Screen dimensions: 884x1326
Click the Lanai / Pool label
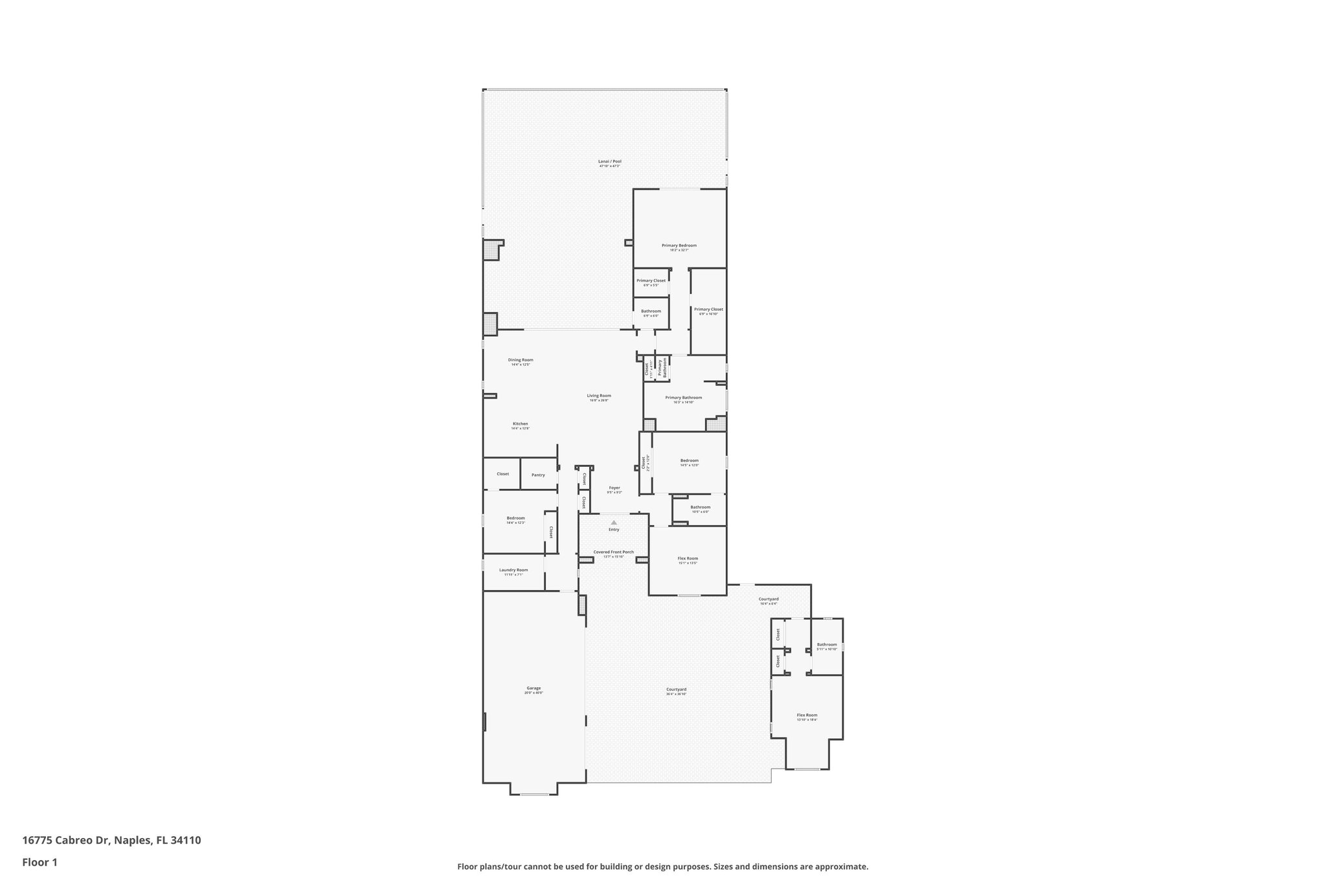tap(609, 161)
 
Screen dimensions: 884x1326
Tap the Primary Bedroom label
tap(679, 245)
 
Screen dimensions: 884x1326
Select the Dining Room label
tap(520, 360)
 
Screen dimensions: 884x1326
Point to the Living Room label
tap(599, 396)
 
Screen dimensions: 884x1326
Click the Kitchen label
tap(520, 424)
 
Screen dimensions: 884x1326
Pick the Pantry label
tap(538, 475)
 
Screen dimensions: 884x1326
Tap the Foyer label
tap(614, 488)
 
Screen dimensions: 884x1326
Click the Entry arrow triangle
tap(614, 522)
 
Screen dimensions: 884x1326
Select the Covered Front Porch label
tap(613, 552)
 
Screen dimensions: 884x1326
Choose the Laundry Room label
tap(513, 570)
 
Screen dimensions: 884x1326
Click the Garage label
tap(534, 688)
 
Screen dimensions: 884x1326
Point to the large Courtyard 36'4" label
tap(676, 689)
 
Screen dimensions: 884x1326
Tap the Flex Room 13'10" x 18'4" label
tap(807, 715)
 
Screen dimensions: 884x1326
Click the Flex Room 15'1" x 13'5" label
tap(688, 558)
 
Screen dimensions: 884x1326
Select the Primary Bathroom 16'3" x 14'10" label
tap(683, 398)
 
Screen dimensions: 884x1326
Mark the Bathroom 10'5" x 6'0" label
tap(700, 507)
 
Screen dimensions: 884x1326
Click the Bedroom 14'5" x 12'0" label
tap(689, 460)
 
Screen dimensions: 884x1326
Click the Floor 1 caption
tap(39, 862)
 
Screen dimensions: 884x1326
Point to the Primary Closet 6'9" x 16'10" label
tap(708, 310)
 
